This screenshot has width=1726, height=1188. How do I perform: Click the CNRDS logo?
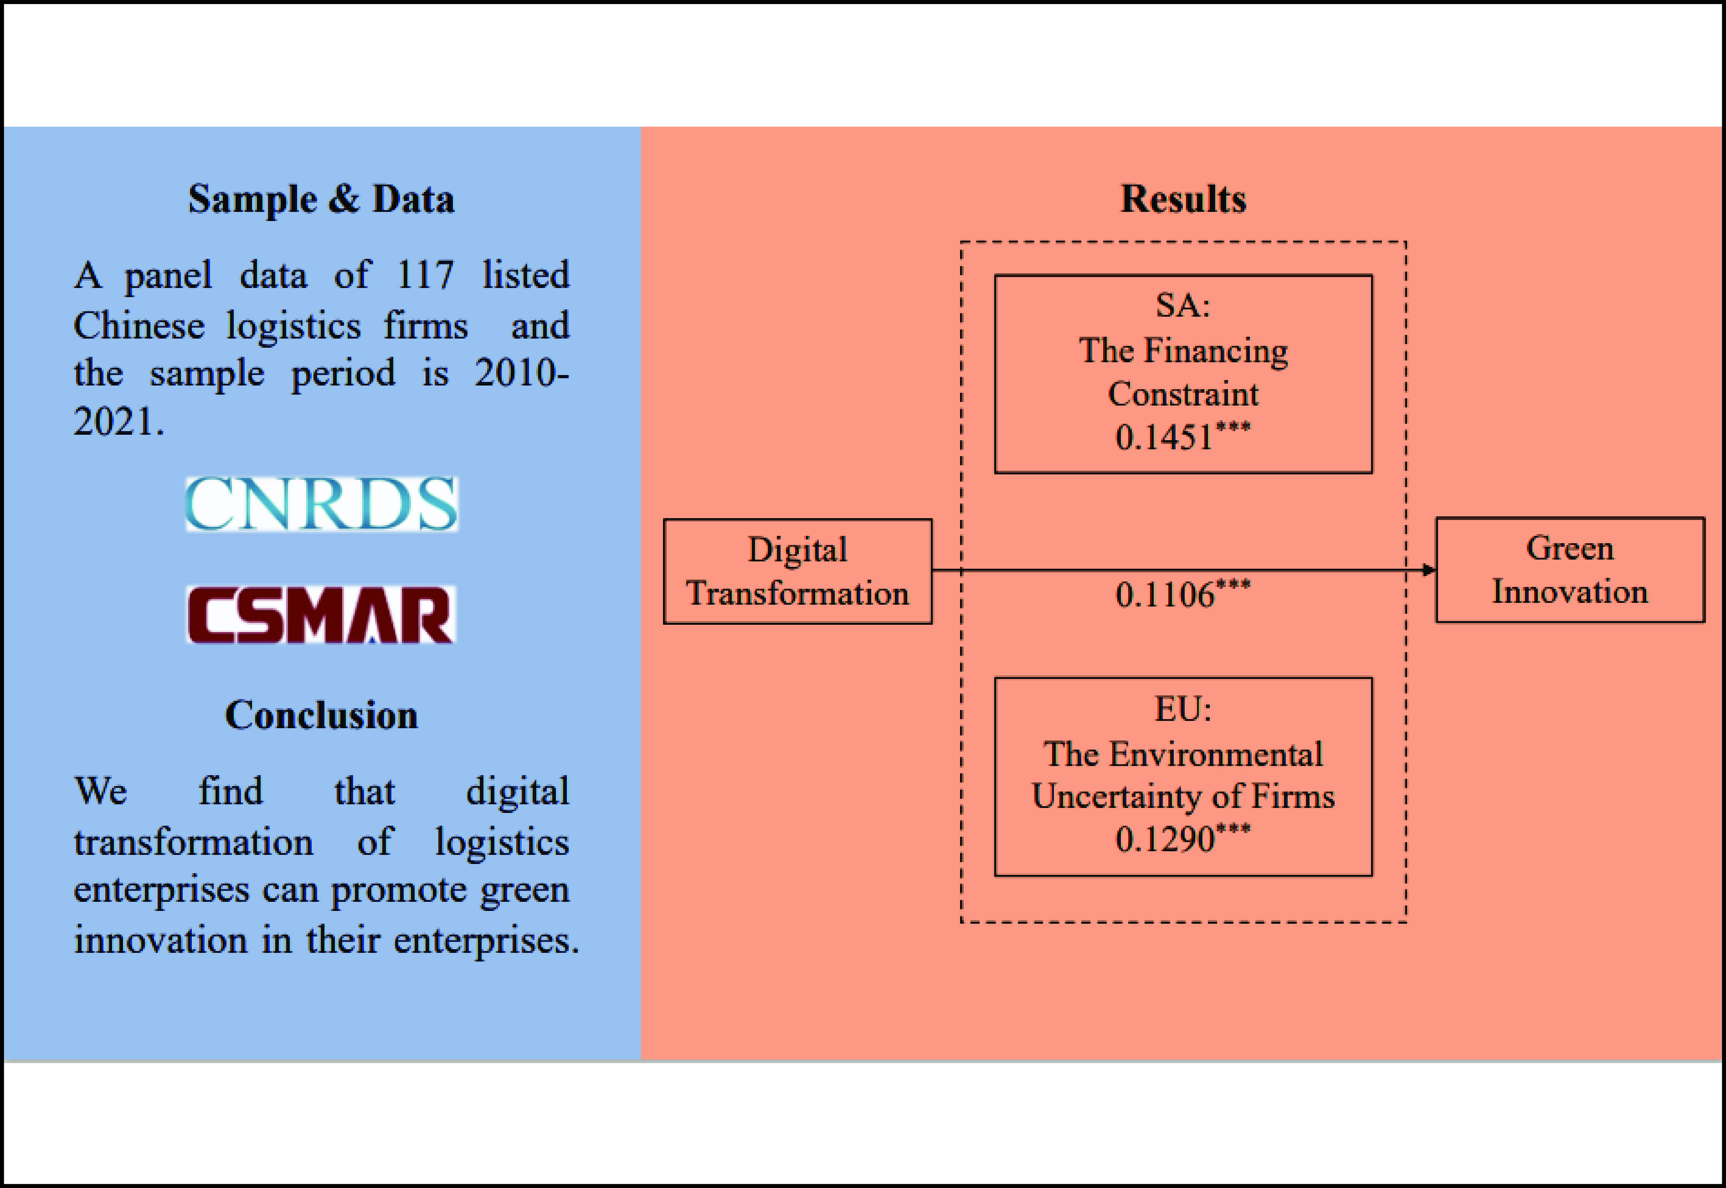click(322, 504)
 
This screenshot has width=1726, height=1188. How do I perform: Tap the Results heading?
click(1183, 200)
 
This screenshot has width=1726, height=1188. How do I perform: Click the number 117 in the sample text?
click(425, 275)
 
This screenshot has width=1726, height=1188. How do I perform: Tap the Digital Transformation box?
click(797, 571)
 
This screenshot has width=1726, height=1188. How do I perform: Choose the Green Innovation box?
click(1570, 570)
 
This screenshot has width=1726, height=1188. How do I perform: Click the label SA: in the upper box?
click(1183, 305)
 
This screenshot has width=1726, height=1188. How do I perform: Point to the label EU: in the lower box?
click(1183, 709)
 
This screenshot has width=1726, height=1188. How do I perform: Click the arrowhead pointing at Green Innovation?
click(1428, 570)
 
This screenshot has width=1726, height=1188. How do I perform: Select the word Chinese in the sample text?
click(139, 326)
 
